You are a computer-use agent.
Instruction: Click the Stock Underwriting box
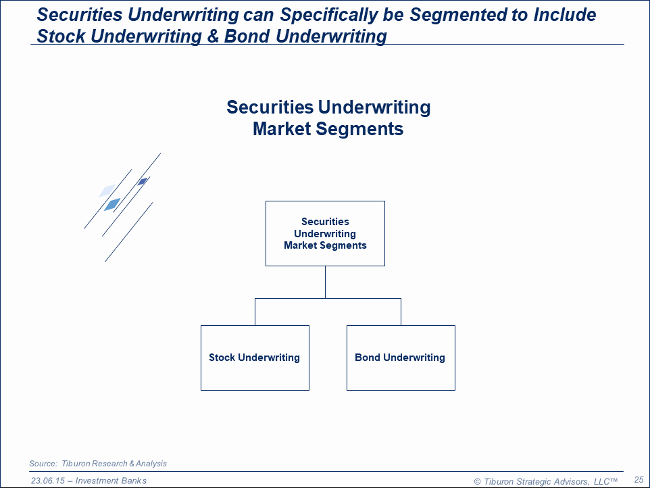coord(255,358)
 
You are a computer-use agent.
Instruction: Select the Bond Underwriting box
coord(401,358)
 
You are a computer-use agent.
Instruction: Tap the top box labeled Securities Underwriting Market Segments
coord(325,233)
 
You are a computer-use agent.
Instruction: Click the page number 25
coord(638,479)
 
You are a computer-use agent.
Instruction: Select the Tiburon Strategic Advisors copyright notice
coord(545,481)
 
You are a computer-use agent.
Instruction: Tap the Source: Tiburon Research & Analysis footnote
coord(98,464)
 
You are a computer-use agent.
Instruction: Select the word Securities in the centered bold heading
coord(270,107)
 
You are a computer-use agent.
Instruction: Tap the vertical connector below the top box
coord(325,282)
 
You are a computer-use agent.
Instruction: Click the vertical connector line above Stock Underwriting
coord(255,312)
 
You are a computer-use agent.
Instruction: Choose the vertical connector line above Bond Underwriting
coord(401,312)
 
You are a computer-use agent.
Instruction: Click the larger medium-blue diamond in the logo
coord(112,204)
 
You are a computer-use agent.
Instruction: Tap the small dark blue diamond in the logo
coord(143,181)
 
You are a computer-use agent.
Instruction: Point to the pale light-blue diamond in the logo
coord(107,191)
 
